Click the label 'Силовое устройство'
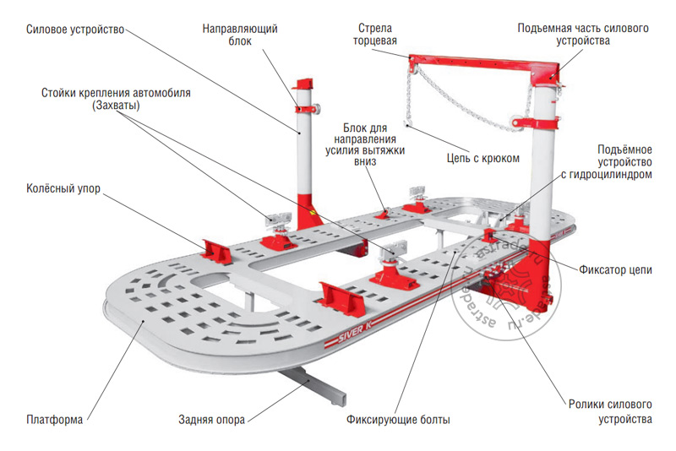[x=74, y=30]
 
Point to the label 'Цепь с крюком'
[x=482, y=158]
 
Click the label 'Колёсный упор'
[x=63, y=190]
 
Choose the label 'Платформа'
[x=54, y=419]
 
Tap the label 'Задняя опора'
[x=211, y=419]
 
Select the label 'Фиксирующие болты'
[x=398, y=420]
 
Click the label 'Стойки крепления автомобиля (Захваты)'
[x=115, y=100]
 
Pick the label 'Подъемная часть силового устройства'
[x=583, y=35]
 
